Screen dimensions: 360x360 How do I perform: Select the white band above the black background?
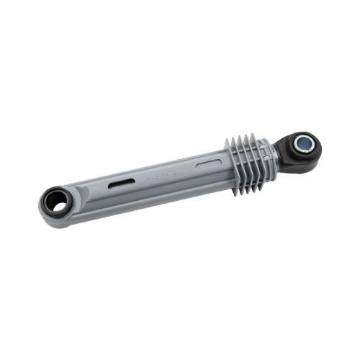pos(180,29)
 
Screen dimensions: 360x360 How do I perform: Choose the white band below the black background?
pos(180,331)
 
